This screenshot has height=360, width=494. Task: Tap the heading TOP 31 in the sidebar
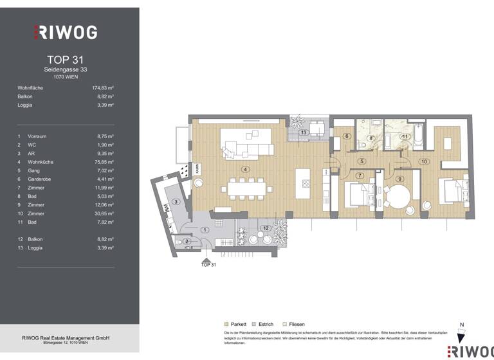coord(66,60)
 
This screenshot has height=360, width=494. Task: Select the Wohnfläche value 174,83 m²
coord(103,87)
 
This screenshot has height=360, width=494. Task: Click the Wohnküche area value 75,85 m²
coord(103,163)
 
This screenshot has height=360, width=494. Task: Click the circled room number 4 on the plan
coord(245,169)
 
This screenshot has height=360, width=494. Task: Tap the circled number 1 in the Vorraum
coord(205,230)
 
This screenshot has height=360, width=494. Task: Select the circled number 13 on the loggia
coord(304,132)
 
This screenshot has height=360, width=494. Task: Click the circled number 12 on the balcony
coord(266,228)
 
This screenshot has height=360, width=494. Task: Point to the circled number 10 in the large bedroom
coord(424,161)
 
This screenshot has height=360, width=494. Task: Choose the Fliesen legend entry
coord(293,325)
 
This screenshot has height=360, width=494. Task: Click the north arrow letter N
coord(461,325)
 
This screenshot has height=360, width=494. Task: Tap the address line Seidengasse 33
coord(66,69)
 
